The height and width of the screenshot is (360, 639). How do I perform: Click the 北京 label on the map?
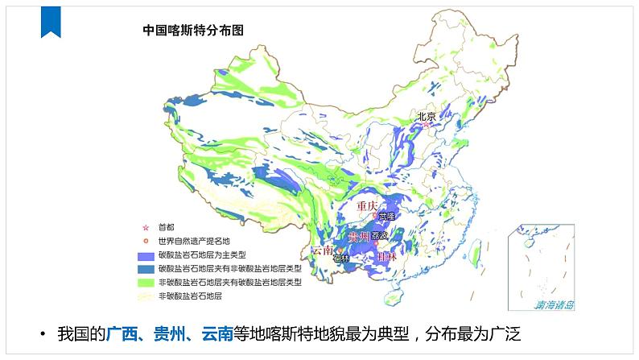pos(427,116)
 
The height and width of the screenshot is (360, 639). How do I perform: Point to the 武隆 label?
pos(387,216)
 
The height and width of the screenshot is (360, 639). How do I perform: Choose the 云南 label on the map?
pos(322,250)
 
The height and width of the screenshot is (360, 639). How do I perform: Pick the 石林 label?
pos(341,259)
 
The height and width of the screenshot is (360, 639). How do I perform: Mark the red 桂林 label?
pos(387,256)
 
